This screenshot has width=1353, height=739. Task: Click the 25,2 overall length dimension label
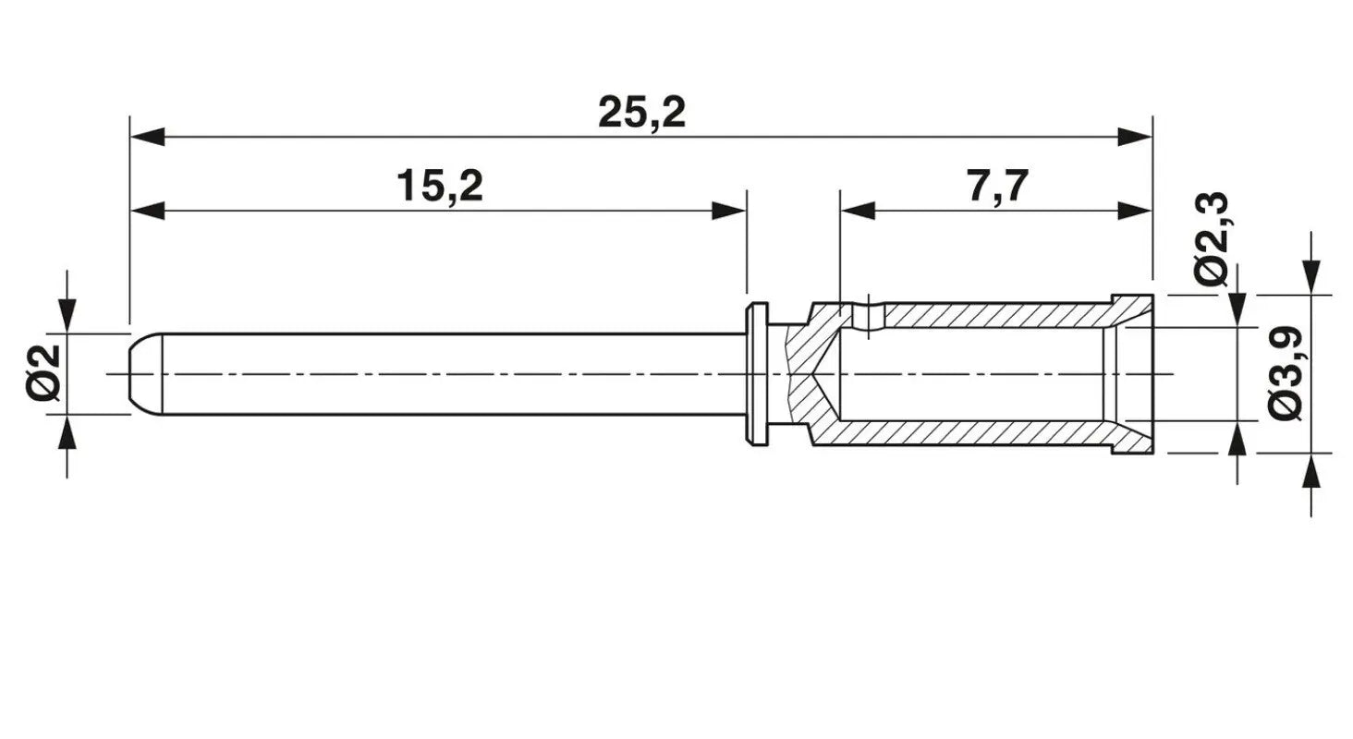click(x=641, y=113)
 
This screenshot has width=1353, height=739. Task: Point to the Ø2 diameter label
click(x=43, y=373)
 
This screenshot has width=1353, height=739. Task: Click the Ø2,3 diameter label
click(x=1211, y=239)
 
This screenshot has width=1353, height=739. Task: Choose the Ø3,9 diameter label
click(x=1286, y=374)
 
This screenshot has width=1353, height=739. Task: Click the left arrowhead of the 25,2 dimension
click(x=147, y=137)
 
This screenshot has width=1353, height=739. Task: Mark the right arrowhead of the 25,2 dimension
click(x=1135, y=137)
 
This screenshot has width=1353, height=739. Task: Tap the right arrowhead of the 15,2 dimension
click(x=729, y=211)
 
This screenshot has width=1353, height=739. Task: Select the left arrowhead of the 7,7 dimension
click(x=858, y=211)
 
